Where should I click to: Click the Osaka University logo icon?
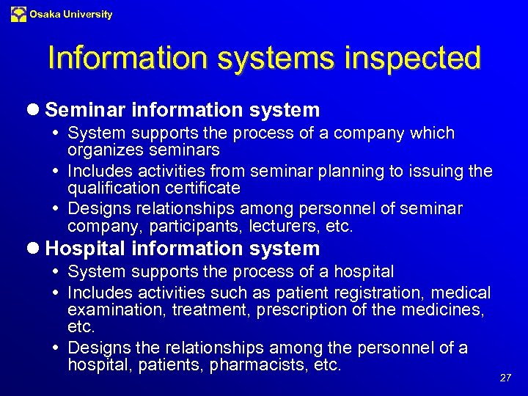(x=18, y=14)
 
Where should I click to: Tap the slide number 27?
(x=505, y=378)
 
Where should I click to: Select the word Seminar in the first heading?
(x=86, y=110)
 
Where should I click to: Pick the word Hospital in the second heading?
(x=87, y=249)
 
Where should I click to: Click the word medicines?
(x=444, y=310)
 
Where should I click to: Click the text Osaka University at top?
(x=71, y=14)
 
